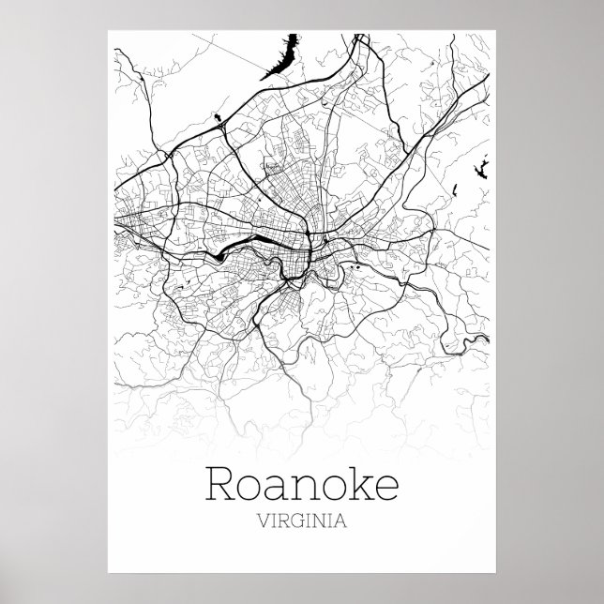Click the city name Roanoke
click(301, 486)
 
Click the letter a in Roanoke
click(279, 489)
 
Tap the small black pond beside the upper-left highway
click(219, 117)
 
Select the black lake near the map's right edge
click(477, 172)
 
